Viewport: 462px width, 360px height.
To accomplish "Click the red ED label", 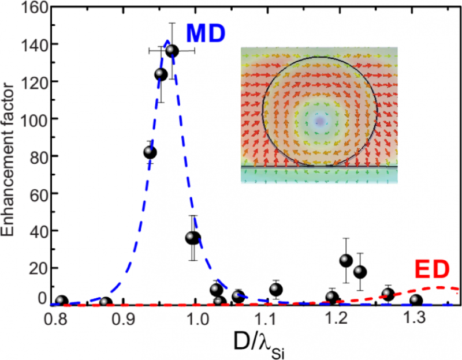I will pos(432,269).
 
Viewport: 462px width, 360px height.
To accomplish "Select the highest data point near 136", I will pos(172,51).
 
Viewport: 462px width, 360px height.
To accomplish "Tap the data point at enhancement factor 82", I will pos(150,152).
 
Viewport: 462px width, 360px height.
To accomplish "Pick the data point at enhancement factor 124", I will pos(161,74).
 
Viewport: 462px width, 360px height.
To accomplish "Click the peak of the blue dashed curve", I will pos(166,41).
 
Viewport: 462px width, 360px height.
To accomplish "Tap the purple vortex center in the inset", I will pos(319,121).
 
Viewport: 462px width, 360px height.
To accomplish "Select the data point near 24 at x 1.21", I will pos(346,260).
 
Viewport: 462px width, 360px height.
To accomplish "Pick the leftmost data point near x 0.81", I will pos(62,301).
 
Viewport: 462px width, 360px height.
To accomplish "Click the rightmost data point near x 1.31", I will pos(416,300).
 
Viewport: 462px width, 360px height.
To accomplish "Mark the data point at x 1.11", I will pos(276,289).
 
